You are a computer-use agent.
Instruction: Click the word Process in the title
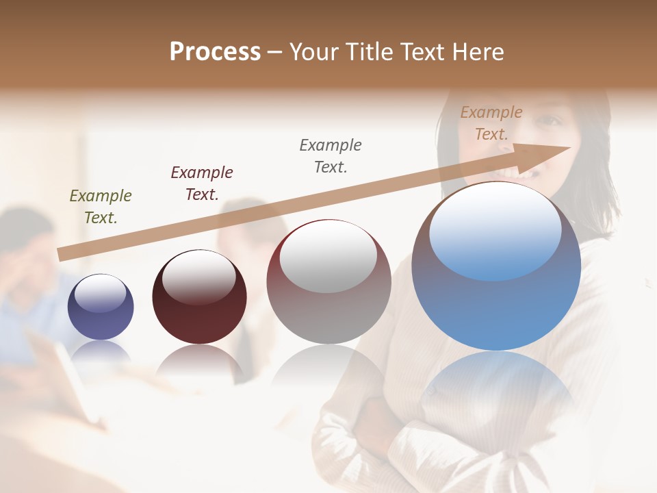[x=215, y=52]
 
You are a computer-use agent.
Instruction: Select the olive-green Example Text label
[x=101, y=206]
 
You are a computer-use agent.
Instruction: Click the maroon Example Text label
[x=202, y=183]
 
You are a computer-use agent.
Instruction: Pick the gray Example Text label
[x=331, y=155]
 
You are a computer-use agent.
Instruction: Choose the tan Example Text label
[x=491, y=123]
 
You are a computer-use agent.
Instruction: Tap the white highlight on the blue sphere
[x=495, y=229]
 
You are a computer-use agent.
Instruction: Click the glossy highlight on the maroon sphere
[x=198, y=277]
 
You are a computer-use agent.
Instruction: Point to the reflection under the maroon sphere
[x=199, y=359]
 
